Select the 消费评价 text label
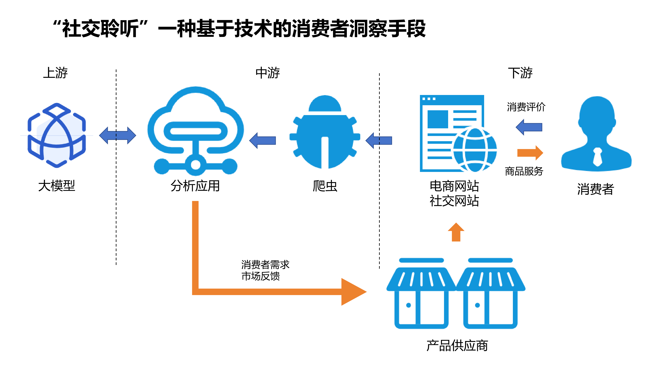(526, 107)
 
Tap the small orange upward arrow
(456, 232)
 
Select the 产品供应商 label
(457, 346)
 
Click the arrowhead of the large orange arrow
(353, 292)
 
